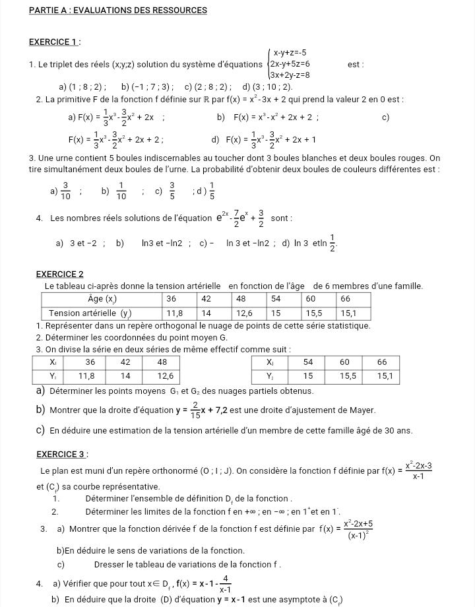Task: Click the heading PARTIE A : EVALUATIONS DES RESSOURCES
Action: (119, 11)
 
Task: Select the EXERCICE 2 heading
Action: (59, 274)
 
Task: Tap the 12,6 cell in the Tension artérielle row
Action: (245, 313)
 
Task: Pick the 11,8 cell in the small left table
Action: (87, 376)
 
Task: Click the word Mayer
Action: (362, 411)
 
